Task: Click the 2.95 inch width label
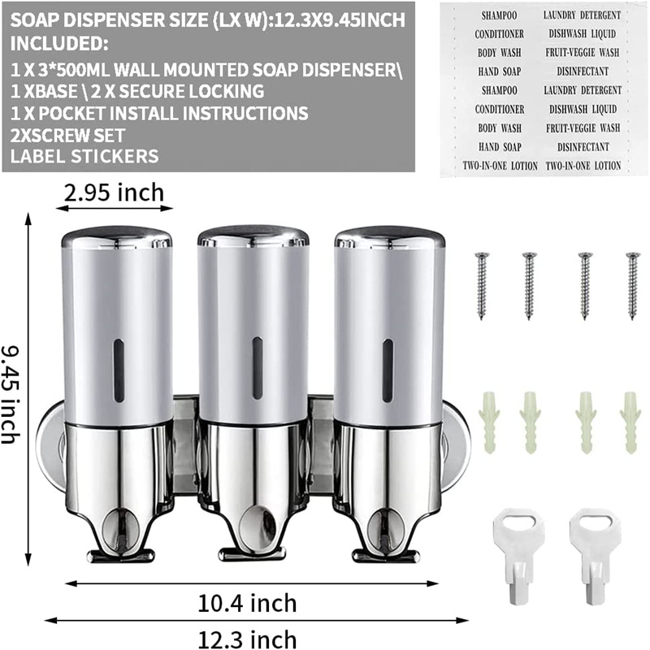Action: [115, 193]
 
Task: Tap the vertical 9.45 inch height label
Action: [11, 389]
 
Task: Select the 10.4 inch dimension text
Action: [248, 603]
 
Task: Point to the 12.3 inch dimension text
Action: [248, 639]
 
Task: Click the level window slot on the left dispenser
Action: [119, 370]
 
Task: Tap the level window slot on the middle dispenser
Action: [257, 367]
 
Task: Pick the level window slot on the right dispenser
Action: [388, 370]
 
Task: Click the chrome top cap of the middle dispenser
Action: [253, 236]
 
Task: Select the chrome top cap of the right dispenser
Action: [389, 237]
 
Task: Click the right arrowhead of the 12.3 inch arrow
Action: [441, 620]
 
